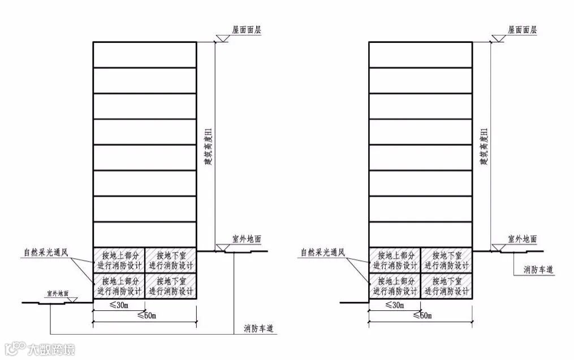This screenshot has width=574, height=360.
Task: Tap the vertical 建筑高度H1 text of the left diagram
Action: click(208, 146)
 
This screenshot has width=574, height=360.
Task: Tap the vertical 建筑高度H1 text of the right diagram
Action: click(484, 146)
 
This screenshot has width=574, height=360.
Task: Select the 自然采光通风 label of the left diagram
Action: click(45, 252)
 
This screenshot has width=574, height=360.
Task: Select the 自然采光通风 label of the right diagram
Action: click(322, 252)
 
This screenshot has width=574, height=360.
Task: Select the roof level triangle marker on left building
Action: click(221, 37)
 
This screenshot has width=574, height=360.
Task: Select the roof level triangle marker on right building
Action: click(498, 37)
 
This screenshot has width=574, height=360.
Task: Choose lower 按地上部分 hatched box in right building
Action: click(395, 286)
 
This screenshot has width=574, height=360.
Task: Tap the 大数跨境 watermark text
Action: click(51, 349)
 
